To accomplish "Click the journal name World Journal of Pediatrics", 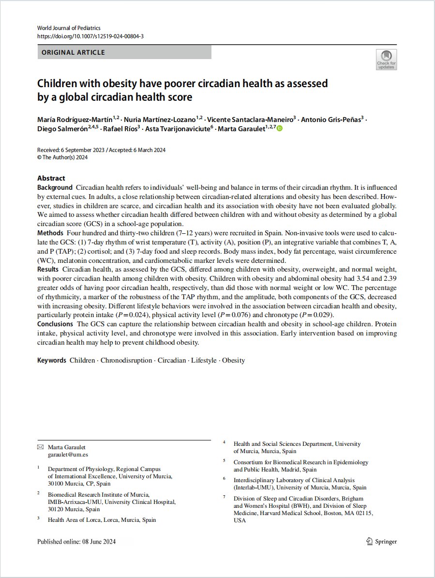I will pyautogui.click(x=69, y=28).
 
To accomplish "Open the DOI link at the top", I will pyautogui.click(x=90, y=36).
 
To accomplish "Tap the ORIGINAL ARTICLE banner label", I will pyautogui.click(x=74, y=52).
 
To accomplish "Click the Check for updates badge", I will pyautogui.click(x=386, y=60).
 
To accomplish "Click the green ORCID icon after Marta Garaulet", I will pyautogui.click(x=279, y=128).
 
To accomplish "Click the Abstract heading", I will pyautogui.click(x=51, y=178).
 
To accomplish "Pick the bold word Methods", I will pyautogui.click(x=49, y=234).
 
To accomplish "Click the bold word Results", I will pyautogui.click(x=48, y=269).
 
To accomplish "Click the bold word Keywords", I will pyautogui.click(x=51, y=360).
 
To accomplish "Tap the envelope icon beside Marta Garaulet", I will pyautogui.click(x=40, y=447).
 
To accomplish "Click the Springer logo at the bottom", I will pyautogui.click(x=381, y=541).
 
